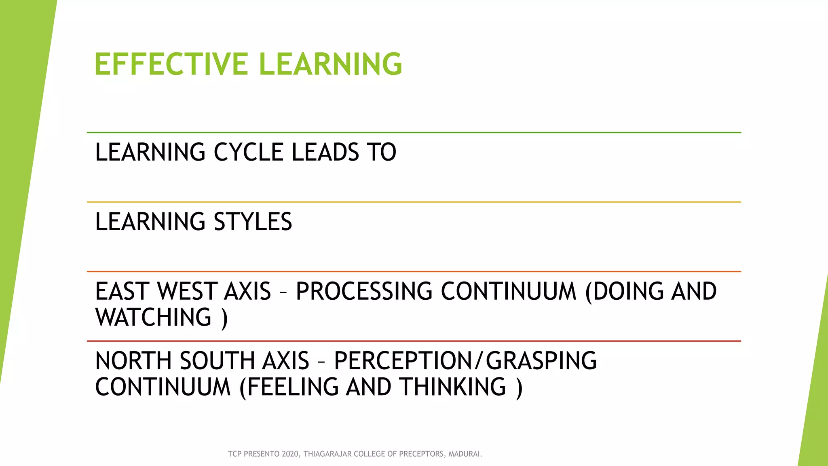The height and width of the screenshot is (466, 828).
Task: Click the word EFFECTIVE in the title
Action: click(171, 64)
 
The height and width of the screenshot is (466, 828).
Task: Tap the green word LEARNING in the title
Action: click(330, 64)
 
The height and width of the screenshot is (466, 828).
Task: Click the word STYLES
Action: click(253, 222)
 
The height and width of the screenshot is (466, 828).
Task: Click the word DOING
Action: click(628, 291)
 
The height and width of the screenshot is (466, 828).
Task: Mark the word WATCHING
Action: click(154, 317)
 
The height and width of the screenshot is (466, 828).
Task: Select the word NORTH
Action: click(134, 361)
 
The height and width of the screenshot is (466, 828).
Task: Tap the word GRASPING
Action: click(541, 361)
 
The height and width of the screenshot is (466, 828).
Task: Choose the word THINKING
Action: click(453, 387)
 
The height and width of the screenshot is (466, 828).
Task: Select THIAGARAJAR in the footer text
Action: click(328, 454)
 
